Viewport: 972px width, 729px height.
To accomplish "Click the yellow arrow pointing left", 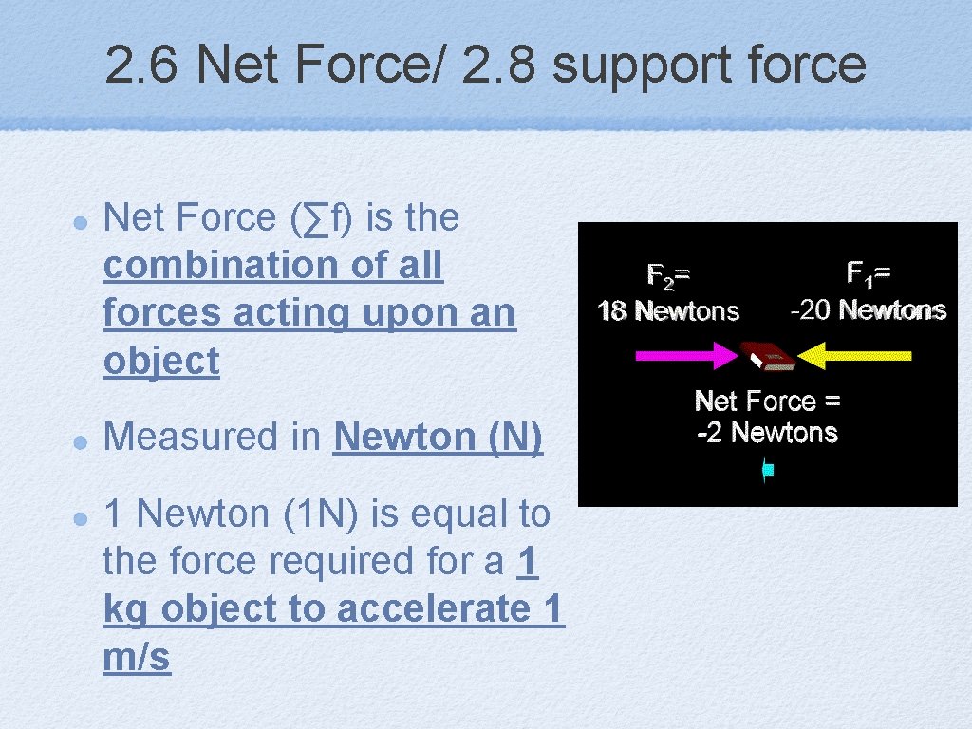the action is coord(854,356).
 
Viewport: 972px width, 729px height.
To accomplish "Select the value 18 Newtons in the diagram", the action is coord(668,310).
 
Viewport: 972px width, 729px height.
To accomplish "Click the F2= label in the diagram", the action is coord(668,275).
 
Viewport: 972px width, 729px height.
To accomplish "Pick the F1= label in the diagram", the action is coord(869,274).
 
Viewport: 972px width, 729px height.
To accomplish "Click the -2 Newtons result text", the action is coord(767,433).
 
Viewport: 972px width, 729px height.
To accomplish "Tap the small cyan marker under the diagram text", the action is coord(768,469).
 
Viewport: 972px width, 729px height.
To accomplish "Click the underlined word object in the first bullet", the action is coord(161,362).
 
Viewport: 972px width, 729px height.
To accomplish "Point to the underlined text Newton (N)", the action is coord(438,437).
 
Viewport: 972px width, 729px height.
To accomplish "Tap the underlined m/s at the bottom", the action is coord(137,657).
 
